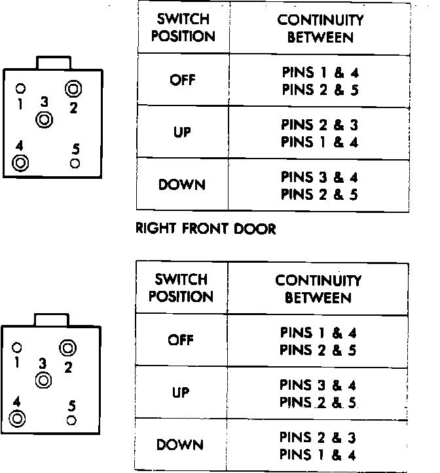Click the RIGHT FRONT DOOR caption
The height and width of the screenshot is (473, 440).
click(205, 229)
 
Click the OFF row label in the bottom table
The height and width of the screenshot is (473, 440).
click(181, 341)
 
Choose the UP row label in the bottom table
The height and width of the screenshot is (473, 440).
click(181, 393)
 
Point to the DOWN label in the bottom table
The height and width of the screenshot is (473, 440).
click(181, 445)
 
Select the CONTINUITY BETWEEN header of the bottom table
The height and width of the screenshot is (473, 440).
click(318, 289)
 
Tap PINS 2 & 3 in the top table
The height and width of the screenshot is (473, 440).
click(320, 124)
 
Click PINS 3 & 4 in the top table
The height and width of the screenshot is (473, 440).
click(320, 177)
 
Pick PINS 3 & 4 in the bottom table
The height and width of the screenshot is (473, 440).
click(318, 385)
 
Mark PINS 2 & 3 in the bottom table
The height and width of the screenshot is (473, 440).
click(318, 437)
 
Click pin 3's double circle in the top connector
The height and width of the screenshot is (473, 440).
click(45, 120)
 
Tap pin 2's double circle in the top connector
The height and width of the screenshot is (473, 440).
click(73, 89)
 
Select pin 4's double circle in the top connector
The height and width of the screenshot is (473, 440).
click(20, 162)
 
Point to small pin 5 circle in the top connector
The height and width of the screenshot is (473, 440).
click(75, 162)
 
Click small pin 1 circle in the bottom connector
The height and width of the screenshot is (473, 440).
click(18, 347)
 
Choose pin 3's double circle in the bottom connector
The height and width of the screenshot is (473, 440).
click(43, 379)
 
